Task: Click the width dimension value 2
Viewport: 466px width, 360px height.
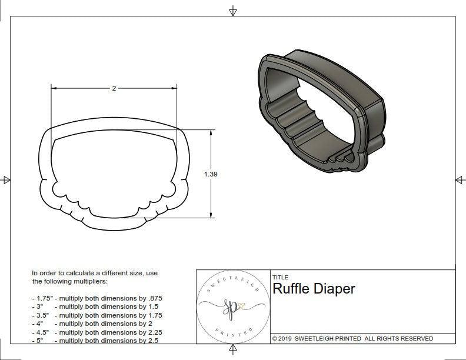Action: coord(114,88)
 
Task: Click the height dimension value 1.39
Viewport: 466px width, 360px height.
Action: coord(210,174)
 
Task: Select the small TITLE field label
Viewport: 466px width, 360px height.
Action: coord(279,277)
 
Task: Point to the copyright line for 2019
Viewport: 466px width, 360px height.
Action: coord(352,338)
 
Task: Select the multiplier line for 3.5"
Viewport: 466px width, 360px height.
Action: coord(96,315)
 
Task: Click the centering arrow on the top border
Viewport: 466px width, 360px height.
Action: coord(233,11)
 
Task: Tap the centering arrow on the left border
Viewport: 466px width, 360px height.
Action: coord(6,179)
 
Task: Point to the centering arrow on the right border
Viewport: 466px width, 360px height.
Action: coord(460,179)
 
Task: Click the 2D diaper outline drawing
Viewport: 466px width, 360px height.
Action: coord(114,176)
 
